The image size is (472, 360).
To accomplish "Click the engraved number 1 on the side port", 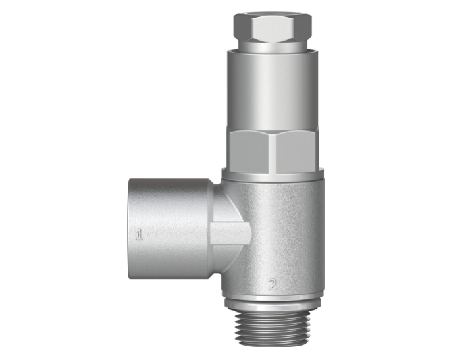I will pyautogui.click(x=139, y=235).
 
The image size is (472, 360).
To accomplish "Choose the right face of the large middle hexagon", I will pyautogui.click(x=298, y=151).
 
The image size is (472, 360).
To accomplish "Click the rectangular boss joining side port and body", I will pyautogui.click(x=230, y=234).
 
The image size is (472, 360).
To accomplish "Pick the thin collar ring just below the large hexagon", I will pyautogui.click(x=273, y=174).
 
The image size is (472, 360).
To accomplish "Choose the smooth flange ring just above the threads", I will pyautogui.click(x=271, y=303).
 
